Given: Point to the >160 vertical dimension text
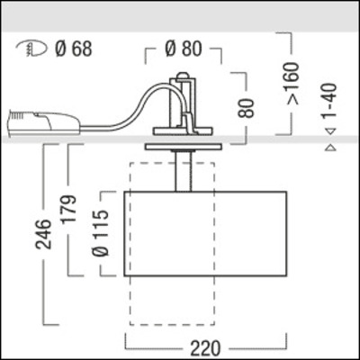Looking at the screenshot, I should point(312,81).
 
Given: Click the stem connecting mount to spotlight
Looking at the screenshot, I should point(184,171).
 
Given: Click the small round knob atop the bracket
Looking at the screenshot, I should point(184,77).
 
